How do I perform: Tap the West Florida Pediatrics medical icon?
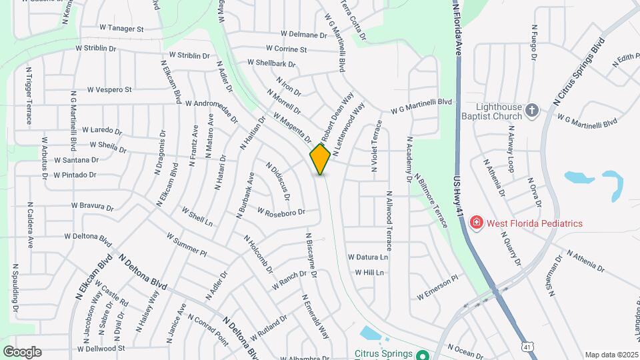[476, 223]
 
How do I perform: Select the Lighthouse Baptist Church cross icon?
[531, 110]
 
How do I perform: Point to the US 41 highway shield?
[528, 347]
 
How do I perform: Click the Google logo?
[22, 351]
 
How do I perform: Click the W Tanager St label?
[121, 29]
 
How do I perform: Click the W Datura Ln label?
[367, 257]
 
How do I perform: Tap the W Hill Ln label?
[369, 273]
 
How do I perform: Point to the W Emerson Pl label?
[438, 287]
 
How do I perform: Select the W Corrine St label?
[286, 49]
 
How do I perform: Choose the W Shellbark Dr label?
[271, 63]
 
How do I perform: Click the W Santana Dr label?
[76, 160]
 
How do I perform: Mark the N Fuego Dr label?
[534, 42]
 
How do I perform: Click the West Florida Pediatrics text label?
[535, 223]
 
